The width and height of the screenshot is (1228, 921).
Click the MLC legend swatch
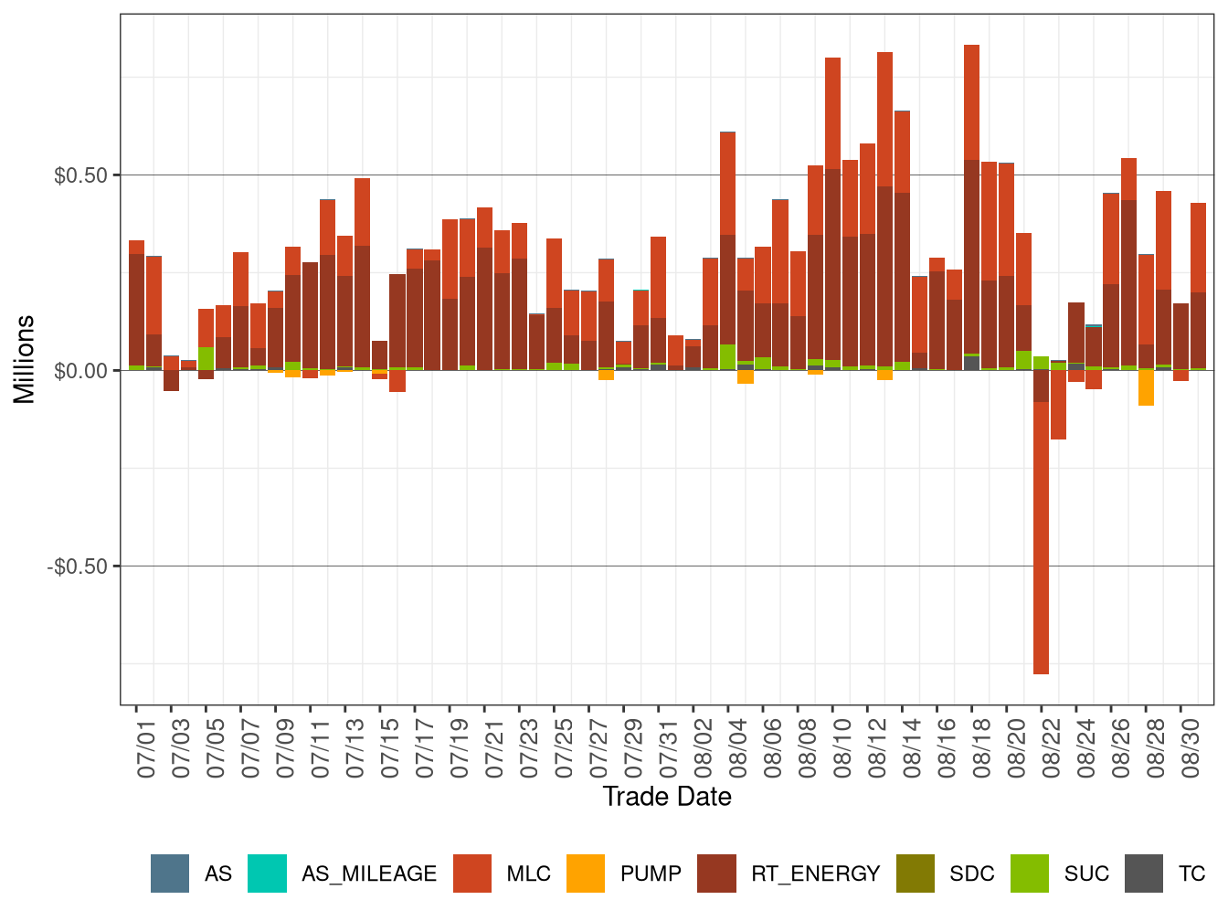click(472, 873)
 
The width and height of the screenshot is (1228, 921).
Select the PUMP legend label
click(651, 873)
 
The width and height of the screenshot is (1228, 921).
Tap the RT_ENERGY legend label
click(815, 873)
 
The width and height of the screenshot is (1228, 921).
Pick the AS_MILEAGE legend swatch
click(267, 873)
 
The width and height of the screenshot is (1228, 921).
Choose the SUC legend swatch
click(1030, 873)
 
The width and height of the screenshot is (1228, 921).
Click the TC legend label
click(1191, 873)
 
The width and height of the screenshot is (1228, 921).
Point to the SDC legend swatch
click(916, 873)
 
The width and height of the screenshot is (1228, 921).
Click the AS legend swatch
click(170, 873)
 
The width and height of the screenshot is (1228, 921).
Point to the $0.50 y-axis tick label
click(80, 175)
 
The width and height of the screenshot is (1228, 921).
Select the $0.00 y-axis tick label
click(80, 371)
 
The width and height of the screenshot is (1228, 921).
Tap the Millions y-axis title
click(25, 359)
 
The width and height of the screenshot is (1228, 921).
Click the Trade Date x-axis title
click(667, 797)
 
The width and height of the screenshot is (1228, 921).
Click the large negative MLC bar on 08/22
click(1041, 539)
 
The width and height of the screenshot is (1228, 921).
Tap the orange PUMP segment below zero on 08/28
click(1146, 387)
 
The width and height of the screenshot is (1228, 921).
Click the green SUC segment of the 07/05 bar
click(206, 358)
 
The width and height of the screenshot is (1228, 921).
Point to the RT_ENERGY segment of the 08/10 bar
click(832, 265)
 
